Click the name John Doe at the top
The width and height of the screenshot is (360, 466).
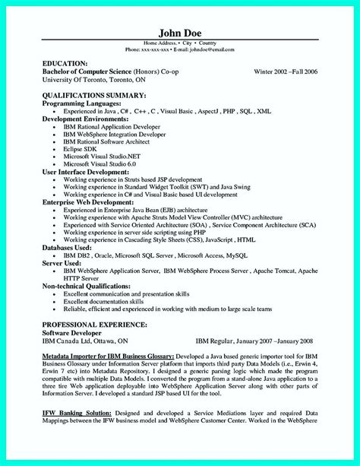point(180,33)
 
